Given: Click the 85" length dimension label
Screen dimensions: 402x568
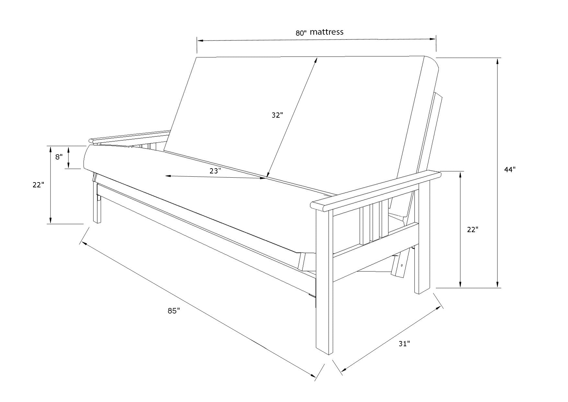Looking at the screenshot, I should coord(174,311).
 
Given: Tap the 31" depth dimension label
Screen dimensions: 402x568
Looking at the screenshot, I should coord(404,344).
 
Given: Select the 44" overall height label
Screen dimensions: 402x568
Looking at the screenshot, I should coord(510,170).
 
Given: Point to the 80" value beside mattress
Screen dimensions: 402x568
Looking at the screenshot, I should coord(301,33).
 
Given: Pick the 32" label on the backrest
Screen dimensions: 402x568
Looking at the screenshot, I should coord(277,115).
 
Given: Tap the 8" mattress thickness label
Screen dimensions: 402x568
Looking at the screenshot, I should coord(59,157).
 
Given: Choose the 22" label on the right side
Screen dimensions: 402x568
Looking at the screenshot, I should coord(473,230).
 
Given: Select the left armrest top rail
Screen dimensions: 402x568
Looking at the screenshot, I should coord(130,137).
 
